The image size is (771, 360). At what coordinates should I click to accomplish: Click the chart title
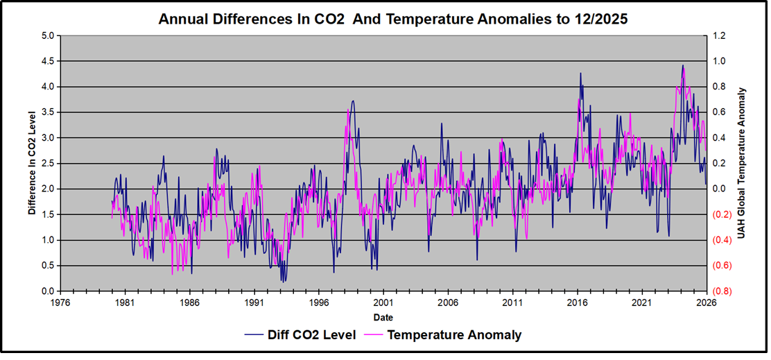[x=393, y=19]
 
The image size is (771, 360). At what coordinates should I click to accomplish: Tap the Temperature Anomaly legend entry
[x=454, y=335]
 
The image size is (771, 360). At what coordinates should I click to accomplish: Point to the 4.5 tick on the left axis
[x=48, y=61]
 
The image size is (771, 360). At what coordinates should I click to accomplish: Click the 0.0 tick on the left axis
[x=48, y=291]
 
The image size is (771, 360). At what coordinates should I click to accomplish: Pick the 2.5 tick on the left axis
[x=48, y=164]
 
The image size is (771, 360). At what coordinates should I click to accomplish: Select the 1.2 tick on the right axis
[x=720, y=35]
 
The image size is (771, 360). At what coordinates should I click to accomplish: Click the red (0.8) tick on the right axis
[x=722, y=291]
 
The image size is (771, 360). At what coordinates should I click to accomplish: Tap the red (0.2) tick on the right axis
[x=722, y=214]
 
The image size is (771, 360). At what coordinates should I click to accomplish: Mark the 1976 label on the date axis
[x=60, y=303]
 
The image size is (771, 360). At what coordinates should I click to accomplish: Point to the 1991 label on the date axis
[x=254, y=303]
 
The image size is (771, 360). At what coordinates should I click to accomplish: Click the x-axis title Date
[x=382, y=317]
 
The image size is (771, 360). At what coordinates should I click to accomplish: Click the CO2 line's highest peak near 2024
[x=683, y=65]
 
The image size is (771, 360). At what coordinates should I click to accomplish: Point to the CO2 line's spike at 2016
[x=580, y=73]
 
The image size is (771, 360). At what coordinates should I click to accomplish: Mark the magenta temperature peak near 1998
[x=348, y=109]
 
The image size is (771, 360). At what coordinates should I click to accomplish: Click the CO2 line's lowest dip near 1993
[x=282, y=282]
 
